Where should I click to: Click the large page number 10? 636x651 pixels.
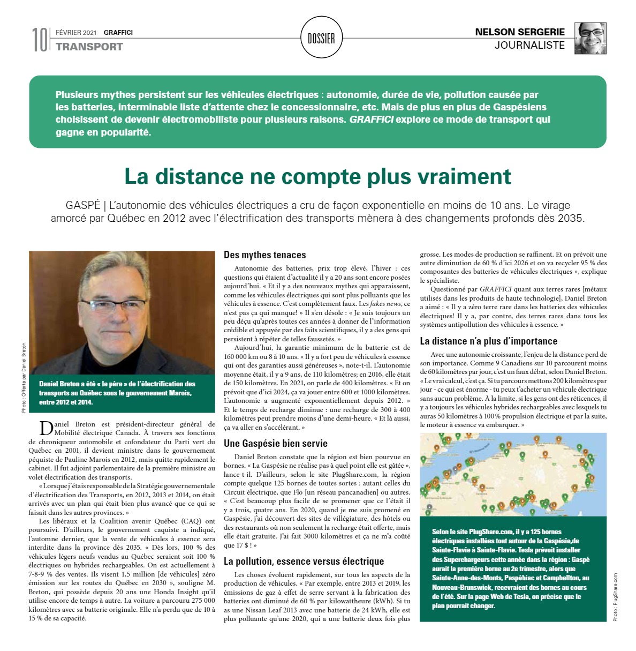[x=40, y=40]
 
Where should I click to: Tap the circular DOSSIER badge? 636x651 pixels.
[x=321, y=38]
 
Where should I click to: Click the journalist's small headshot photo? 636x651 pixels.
[x=590, y=38]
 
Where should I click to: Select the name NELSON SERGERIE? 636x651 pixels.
[x=520, y=32]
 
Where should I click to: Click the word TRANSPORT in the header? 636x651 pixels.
[x=89, y=47]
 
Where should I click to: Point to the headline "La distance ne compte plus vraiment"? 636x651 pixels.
[x=317, y=176]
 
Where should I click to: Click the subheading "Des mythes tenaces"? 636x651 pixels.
[x=264, y=255]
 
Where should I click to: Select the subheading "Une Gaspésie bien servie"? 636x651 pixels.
[x=275, y=444]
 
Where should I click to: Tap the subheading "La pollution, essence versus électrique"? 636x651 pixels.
[x=304, y=562]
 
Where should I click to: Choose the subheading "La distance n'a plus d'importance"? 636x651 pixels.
[x=488, y=341]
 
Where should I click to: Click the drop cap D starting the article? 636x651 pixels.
[x=46, y=428]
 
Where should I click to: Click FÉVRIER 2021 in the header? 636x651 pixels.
[x=76, y=33]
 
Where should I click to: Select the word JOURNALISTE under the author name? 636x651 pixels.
[x=529, y=46]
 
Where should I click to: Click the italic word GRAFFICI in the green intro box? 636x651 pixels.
[x=371, y=119]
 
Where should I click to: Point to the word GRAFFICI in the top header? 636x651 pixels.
[x=118, y=33]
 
